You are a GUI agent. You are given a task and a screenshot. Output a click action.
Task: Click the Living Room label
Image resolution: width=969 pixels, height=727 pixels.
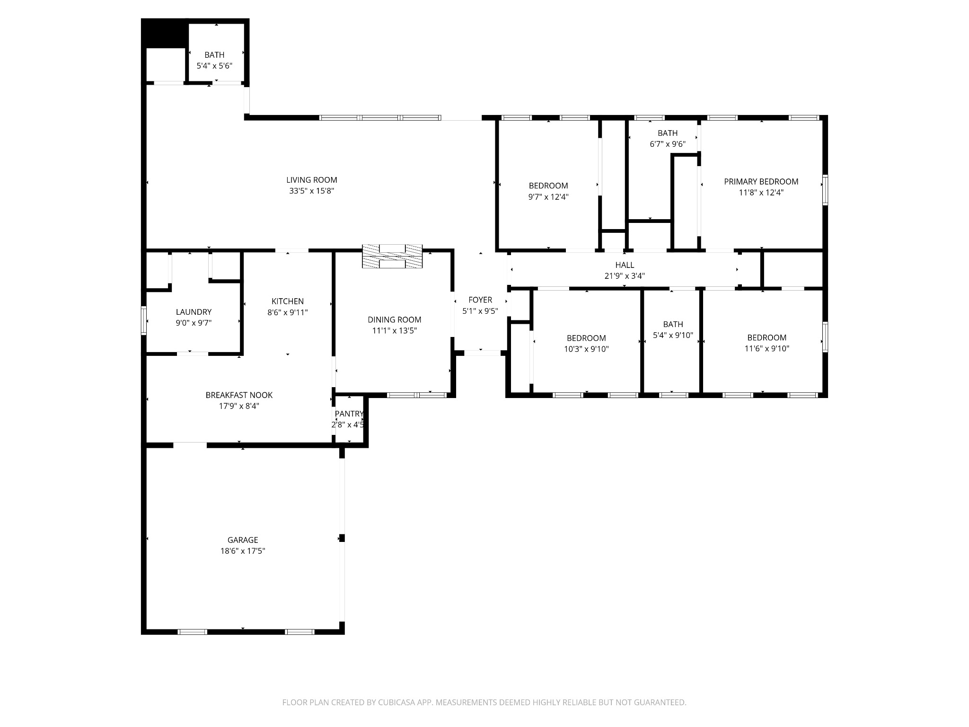[311, 180]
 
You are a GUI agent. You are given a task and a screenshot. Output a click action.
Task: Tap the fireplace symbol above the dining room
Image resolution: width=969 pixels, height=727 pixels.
[392, 257]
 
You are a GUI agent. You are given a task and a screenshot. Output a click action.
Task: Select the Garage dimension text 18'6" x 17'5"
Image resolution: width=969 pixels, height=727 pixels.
[243, 551]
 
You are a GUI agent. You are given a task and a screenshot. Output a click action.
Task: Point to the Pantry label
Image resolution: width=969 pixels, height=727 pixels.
[349, 414]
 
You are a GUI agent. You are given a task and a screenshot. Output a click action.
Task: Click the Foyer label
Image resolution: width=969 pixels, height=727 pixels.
[480, 300]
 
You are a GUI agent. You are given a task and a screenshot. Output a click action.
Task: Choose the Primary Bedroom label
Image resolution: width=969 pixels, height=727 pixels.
[761, 181]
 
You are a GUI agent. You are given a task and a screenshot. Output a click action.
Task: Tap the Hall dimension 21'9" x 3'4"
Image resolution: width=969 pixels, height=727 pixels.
[625, 276]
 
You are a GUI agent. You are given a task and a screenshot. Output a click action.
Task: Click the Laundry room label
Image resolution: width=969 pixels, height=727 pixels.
[194, 312]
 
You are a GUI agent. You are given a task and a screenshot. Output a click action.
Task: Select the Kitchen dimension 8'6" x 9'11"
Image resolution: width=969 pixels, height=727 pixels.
[288, 312]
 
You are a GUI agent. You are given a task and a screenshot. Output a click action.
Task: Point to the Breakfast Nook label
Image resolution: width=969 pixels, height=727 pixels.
[239, 395]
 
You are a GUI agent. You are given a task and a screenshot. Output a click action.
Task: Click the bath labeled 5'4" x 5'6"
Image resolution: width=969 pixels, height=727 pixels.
[214, 55]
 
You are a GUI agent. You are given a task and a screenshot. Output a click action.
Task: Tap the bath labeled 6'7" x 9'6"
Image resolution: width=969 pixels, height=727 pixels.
[667, 133]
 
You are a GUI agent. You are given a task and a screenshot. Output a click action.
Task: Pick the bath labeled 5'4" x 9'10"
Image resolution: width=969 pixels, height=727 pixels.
[673, 324]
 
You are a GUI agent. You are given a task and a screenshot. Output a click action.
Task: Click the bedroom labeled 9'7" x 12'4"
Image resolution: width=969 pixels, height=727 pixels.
[548, 186]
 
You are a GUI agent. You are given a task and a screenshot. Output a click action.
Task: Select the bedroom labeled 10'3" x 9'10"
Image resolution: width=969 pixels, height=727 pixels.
[586, 338]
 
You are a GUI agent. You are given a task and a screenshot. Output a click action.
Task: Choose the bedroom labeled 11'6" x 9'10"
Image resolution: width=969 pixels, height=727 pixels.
[766, 337]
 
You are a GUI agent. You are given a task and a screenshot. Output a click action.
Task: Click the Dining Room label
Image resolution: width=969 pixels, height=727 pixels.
[394, 319]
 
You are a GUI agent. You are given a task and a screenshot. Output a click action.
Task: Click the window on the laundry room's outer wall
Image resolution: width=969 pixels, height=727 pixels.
[144, 320]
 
